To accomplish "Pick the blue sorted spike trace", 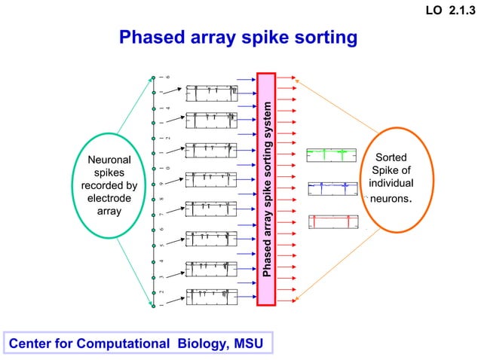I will (x=331, y=188).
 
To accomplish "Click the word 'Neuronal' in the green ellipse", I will (x=109, y=160).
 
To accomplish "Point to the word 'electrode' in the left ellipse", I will (x=109, y=199).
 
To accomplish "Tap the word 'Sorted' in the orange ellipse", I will (x=395, y=157).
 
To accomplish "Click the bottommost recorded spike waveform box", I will (x=211, y=297).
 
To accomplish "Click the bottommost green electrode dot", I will (x=153, y=306).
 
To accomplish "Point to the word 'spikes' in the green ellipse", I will (x=109, y=173).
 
